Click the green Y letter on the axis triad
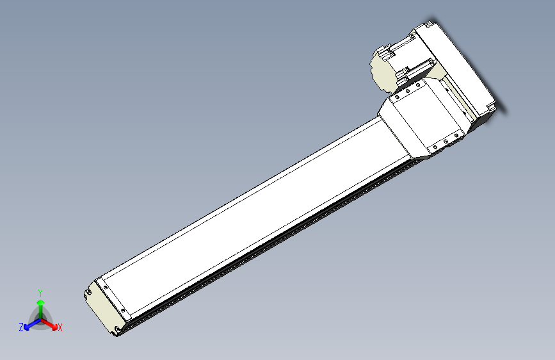click(40, 291)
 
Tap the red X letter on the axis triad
click(60, 327)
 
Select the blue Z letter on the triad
click(21, 327)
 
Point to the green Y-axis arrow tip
click(40, 302)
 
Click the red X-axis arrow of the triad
click(51, 323)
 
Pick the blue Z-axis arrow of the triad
click(29, 323)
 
